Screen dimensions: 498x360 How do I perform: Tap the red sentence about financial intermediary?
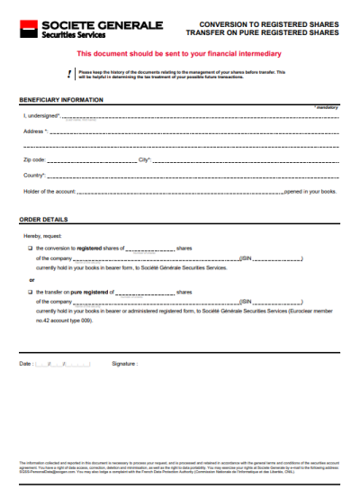[x=179, y=54]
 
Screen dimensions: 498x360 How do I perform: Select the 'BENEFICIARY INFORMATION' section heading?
[x=61, y=99]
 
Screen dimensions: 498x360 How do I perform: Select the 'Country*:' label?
[x=35, y=175]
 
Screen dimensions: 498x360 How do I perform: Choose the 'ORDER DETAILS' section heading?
[x=44, y=219]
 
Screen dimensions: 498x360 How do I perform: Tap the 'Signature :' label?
[x=125, y=364]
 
